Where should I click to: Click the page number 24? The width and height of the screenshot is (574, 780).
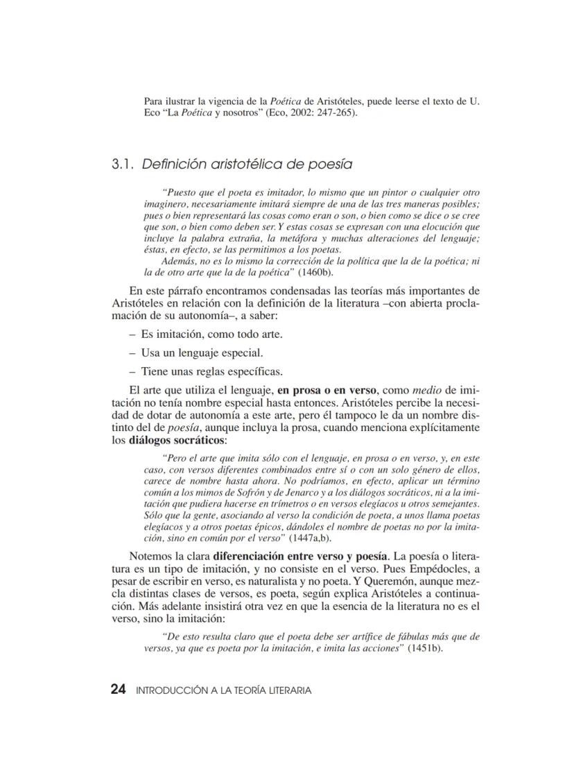118,690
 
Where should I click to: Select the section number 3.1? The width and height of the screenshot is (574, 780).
123,164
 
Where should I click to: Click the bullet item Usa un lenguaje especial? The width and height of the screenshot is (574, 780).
202,352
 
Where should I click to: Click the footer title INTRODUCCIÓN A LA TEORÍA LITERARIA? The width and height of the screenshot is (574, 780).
223,690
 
